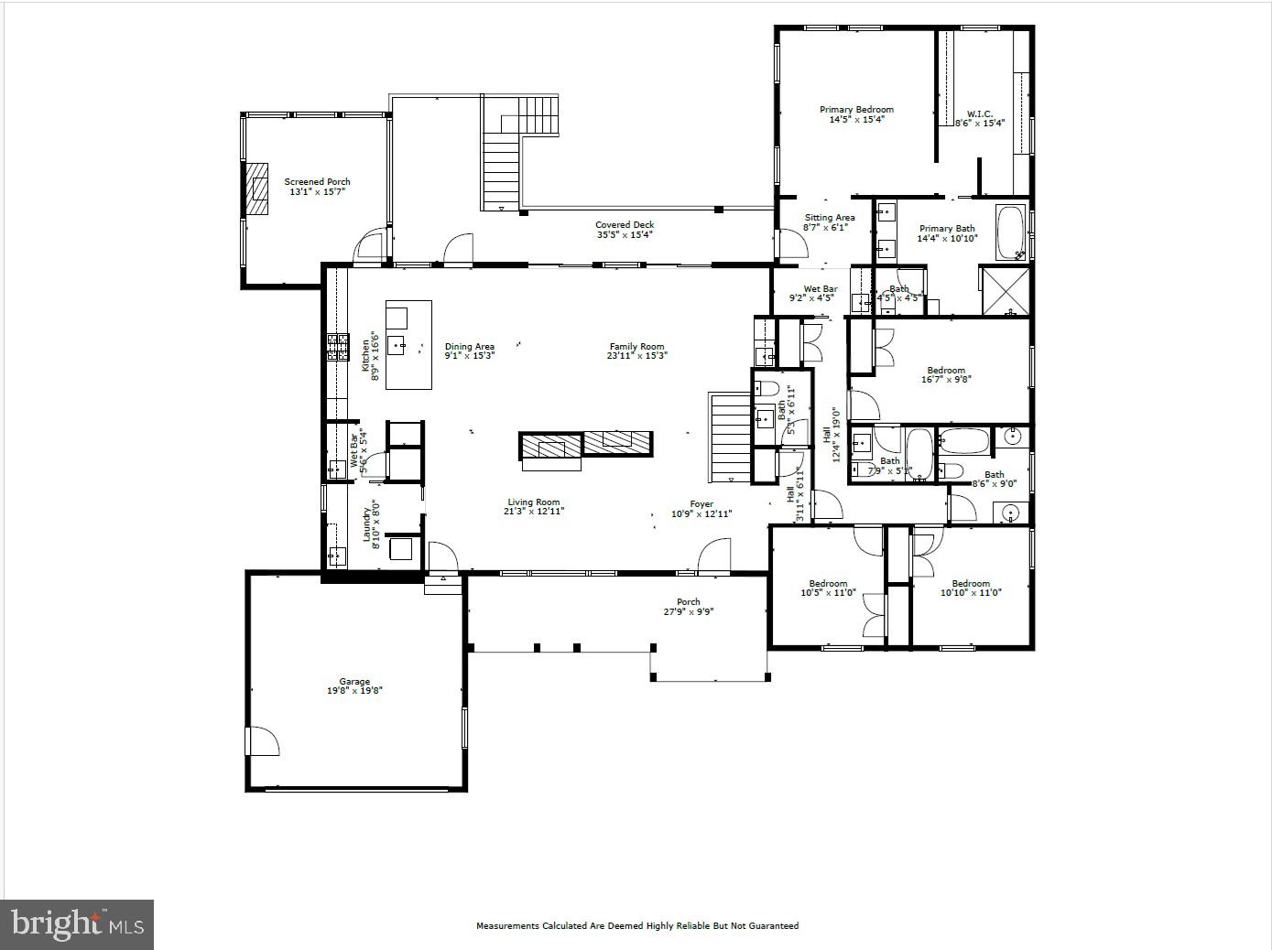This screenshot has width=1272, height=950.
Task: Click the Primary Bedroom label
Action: tap(856, 113)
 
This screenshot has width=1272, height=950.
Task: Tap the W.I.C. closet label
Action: tap(980, 118)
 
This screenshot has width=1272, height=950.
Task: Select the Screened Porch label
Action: tap(317, 187)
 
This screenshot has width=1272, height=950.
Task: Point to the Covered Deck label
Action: tap(625, 229)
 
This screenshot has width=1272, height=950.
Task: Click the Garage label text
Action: tap(354, 686)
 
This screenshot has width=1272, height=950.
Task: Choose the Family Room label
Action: tap(637, 351)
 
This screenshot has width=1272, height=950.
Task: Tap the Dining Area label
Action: tap(470, 351)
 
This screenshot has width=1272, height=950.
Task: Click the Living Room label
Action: tap(534, 506)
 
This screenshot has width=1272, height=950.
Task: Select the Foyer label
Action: tap(701, 509)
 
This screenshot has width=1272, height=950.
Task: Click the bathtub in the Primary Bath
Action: tap(1011, 232)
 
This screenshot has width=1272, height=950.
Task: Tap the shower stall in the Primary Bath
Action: tap(1005, 291)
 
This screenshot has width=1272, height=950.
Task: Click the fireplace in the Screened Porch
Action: tap(258, 189)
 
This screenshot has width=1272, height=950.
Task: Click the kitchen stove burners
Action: tap(337, 347)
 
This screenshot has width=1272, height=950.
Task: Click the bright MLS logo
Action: tap(77, 924)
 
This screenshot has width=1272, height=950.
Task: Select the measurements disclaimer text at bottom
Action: tap(636, 925)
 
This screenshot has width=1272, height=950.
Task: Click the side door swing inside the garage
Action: tap(263, 740)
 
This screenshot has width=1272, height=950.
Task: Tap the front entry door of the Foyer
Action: tap(714, 556)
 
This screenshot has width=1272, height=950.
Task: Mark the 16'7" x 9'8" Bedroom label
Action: tap(946, 374)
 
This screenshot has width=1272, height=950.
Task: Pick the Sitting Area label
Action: tap(829, 222)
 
